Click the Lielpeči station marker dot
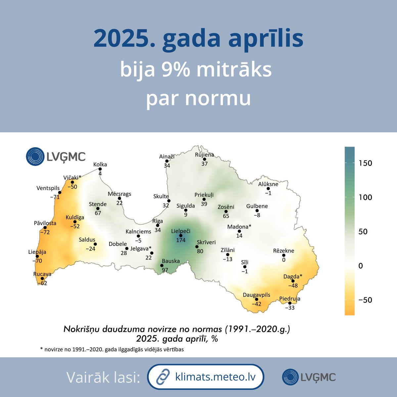(x=181, y=236)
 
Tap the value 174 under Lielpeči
(x=181, y=240)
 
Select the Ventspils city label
(x=48, y=188)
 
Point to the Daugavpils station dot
(x=256, y=299)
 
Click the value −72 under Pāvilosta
(x=45, y=232)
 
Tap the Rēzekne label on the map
(x=284, y=251)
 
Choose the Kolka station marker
(x=100, y=169)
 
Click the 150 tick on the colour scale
(x=365, y=163)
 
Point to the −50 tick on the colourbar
(x=365, y=300)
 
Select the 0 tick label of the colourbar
(x=361, y=266)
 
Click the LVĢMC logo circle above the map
(x=35, y=156)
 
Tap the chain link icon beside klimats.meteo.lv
(x=163, y=377)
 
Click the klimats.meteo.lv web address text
(x=215, y=377)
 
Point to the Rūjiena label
(x=204, y=154)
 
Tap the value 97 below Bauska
(x=165, y=270)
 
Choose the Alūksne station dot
(x=268, y=189)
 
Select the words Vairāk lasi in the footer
(x=103, y=377)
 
